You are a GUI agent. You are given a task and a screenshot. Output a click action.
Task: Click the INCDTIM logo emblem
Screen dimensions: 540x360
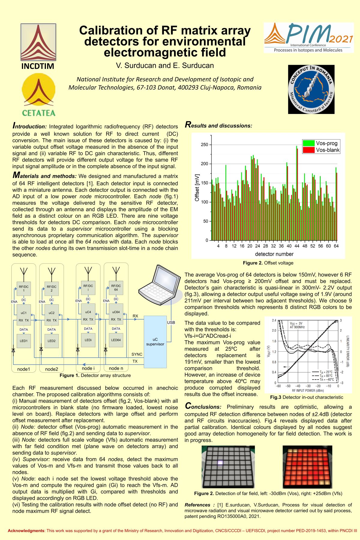click(x=38, y=42)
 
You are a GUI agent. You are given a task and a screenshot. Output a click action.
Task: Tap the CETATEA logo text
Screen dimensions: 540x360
click(x=39, y=113)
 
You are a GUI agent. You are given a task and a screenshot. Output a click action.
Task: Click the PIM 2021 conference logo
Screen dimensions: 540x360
click(x=308, y=37)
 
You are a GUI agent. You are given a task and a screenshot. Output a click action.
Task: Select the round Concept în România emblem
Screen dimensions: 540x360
click(x=311, y=89)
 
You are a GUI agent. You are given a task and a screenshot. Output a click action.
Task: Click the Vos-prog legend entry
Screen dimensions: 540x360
click(x=321, y=143)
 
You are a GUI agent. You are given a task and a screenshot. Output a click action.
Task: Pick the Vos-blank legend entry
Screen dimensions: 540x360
click(x=321, y=150)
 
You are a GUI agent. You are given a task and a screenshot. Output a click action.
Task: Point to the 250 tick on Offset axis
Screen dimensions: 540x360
click(x=204, y=145)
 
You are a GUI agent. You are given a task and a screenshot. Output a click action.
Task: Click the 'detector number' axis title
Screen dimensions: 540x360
click(x=274, y=254)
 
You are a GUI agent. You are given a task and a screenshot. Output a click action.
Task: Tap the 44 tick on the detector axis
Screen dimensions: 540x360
click(x=297, y=246)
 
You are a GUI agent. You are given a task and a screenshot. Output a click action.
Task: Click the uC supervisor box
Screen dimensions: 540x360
click(x=155, y=342)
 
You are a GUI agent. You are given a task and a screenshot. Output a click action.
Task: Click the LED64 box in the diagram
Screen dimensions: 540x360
click(x=116, y=340)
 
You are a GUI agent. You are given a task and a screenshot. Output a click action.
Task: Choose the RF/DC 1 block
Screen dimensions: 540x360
click(x=24, y=288)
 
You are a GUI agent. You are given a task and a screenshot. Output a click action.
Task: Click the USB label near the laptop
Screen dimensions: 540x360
click(x=171, y=323)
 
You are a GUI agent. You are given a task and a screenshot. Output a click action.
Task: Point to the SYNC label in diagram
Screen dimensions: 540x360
click(x=137, y=354)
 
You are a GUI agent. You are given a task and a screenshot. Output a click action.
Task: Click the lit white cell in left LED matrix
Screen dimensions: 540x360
click(x=220, y=462)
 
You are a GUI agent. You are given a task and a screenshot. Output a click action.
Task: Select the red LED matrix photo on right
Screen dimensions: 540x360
click(x=307, y=467)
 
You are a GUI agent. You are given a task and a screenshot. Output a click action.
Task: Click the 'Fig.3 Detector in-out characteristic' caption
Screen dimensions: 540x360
click(x=307, y=397)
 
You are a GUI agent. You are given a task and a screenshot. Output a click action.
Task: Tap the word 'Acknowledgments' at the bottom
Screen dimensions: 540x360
click(x=26, y=530)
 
